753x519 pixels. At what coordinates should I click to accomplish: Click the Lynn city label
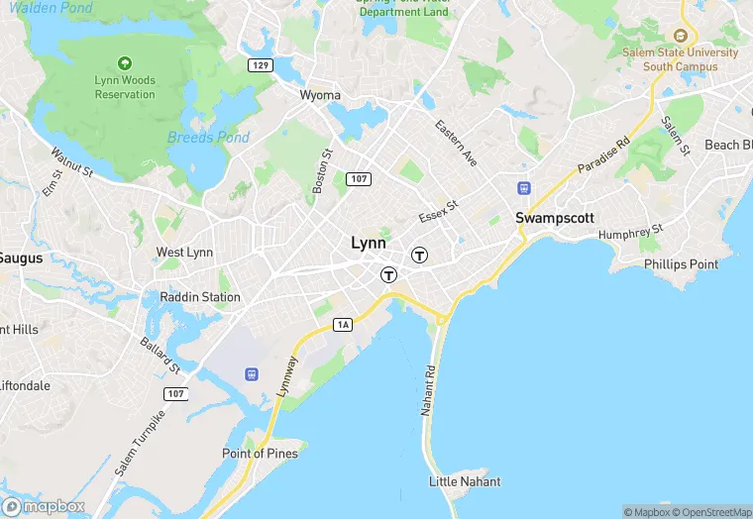point(369,243)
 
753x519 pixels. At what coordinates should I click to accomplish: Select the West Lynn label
point(184,253)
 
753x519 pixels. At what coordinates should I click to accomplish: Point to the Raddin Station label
point(200,297)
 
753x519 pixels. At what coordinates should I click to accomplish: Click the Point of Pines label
point(259,454)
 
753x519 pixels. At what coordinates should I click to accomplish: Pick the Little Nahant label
point(465,481)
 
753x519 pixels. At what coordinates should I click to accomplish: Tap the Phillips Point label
point(681,264)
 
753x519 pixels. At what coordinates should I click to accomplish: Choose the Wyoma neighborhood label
point(320,96)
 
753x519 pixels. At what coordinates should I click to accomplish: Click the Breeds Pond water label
point(208,138)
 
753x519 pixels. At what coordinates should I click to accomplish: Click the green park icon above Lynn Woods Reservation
point(125,62)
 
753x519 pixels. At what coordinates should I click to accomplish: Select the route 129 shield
point(261,64)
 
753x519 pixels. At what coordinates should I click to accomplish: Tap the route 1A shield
point(343,324)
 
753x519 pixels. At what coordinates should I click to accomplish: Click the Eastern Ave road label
point(457,143)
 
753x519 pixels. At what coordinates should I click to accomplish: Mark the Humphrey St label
point(630,234)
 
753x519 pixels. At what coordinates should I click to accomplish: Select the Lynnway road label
point(287,377)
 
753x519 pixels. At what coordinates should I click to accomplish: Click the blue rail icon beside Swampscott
point(523,188)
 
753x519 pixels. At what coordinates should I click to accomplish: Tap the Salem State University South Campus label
point(679,59)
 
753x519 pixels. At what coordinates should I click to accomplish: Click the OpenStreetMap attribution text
point(711,512)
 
